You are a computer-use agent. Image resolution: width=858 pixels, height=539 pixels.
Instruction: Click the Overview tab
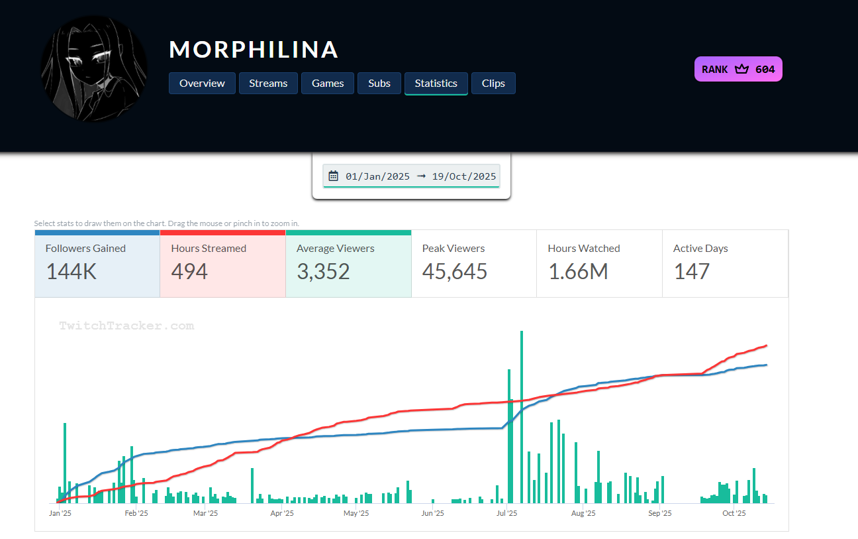pos(202,84)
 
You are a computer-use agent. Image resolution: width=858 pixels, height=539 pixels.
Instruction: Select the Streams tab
pos(268,84)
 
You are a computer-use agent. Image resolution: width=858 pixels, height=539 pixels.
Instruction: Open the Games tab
pos(328,84)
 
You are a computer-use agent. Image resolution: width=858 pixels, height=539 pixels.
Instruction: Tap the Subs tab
pos(379,84)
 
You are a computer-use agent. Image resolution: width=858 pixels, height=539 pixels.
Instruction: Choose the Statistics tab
pos(436,84)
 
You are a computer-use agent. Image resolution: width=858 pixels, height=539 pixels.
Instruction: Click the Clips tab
pos(493,84)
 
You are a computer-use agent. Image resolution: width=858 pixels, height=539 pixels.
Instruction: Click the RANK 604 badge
pos(738,69)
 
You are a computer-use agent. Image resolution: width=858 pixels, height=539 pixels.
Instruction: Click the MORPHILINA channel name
pos(254,50)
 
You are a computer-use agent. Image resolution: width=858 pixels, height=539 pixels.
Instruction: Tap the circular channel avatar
pos(94,69)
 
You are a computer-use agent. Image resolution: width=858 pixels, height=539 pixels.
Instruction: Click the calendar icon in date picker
pos(334,176)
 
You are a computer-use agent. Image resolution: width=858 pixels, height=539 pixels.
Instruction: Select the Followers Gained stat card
pos(97,263)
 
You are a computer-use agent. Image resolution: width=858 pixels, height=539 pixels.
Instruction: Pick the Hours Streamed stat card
pos(222,263)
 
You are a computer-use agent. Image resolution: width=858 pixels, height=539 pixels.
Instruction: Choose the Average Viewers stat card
pos(348,263)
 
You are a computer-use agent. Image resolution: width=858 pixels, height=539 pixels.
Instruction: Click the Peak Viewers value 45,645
pos(455,271)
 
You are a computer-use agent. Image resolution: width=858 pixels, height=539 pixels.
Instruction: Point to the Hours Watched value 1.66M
pos(578,271)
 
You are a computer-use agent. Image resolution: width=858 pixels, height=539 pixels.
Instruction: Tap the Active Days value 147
pos(692,271)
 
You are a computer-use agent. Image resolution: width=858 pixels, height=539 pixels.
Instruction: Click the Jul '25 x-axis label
pos(506,513)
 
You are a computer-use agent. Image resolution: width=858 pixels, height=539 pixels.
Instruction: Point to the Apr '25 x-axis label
pos(282,513)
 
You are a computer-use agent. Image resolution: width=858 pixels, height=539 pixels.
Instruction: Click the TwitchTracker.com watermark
pos(126,326)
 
